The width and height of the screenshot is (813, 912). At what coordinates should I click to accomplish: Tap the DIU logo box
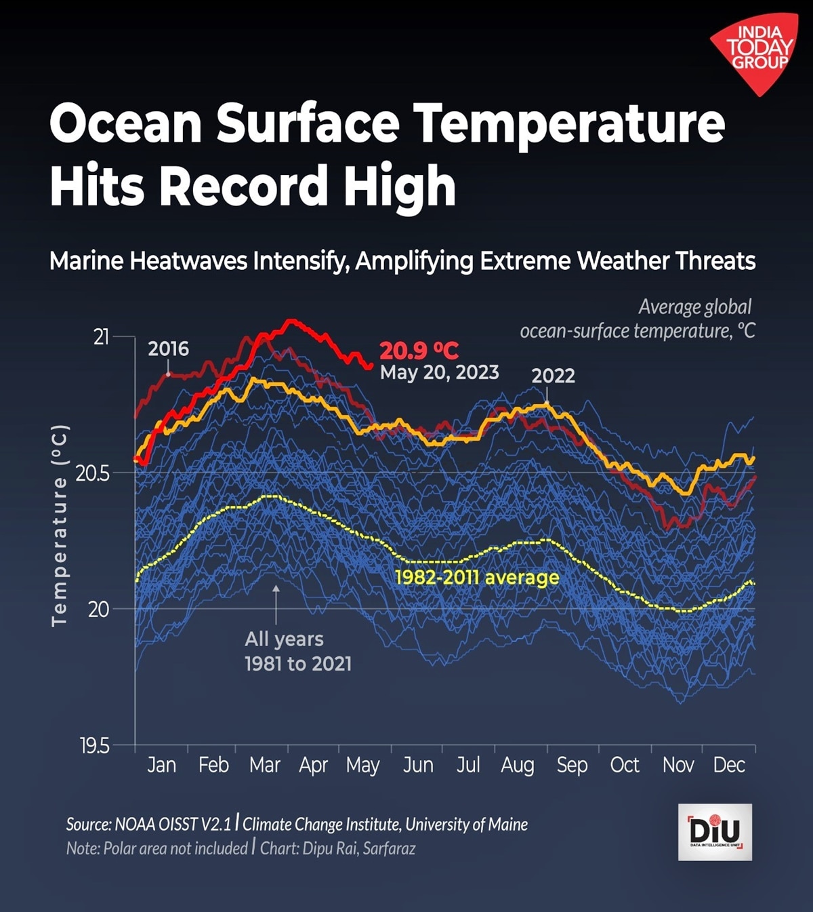715,832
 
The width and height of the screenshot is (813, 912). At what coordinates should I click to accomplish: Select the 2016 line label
169,349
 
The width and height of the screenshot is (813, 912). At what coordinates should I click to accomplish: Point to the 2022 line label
553,376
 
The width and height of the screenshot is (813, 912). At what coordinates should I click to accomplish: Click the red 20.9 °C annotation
419,351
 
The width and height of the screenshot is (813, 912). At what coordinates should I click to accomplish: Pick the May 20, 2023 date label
439,372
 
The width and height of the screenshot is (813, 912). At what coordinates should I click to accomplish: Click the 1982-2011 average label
477,578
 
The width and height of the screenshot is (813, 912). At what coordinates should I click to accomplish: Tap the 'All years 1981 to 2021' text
298,651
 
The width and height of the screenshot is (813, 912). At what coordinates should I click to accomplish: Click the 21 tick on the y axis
101,336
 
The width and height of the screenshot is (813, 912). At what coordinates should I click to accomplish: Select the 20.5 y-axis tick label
93,473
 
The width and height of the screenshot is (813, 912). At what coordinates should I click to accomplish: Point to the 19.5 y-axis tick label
94,747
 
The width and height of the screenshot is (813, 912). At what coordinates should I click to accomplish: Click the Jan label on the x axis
161,765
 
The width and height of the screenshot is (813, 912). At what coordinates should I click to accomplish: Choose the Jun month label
418,765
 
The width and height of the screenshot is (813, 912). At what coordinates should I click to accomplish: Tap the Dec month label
729,765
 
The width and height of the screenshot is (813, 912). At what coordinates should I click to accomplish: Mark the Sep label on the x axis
572,765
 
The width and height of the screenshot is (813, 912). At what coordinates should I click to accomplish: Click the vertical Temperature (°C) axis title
60,526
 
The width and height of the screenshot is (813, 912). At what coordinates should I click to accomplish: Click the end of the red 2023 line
369,367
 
